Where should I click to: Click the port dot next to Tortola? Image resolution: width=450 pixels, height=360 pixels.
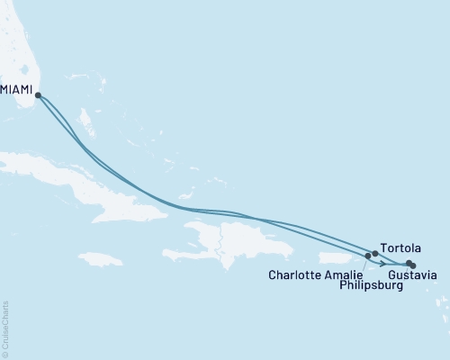[375, 254]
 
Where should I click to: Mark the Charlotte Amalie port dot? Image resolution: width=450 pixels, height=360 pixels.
[368, 256]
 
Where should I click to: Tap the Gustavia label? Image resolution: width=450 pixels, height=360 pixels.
[412, 274]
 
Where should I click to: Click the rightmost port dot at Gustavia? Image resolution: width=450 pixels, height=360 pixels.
[413, 265]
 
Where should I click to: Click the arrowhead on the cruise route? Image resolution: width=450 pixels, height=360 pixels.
[386, 263]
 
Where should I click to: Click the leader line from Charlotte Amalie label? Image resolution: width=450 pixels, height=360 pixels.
[364, 264]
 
